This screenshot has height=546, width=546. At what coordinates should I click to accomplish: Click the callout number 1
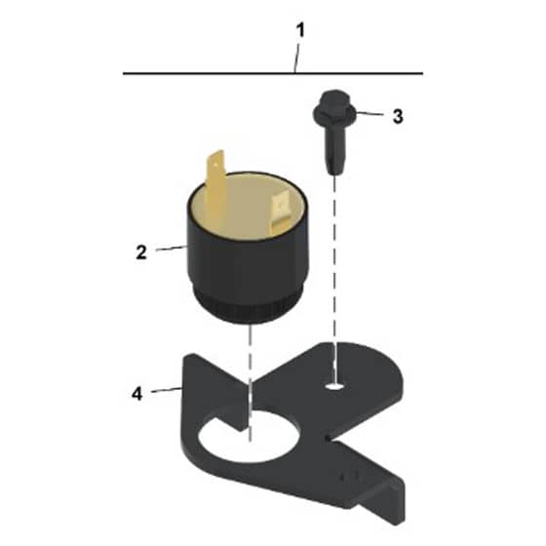[x=300, y=30]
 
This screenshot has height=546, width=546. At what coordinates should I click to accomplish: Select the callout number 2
[x=141, y=253]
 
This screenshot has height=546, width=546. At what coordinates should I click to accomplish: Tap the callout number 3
[x=398, y=116]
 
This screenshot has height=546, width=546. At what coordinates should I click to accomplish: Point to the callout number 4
[x=137, y=394]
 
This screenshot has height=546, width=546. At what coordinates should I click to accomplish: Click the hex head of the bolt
[x=333, y=107]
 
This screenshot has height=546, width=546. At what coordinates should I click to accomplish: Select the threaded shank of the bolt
[x=335, y=150]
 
